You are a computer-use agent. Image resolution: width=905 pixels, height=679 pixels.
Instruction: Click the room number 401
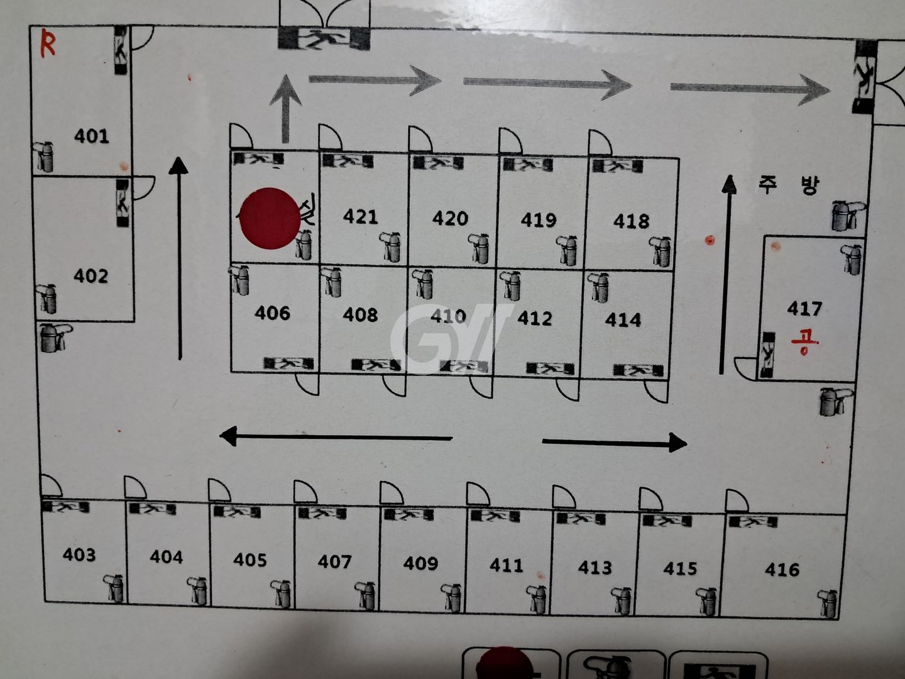91,136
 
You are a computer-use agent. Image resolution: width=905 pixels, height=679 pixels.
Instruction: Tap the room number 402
90,275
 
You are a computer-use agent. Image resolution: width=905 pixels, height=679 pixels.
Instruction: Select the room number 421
360,217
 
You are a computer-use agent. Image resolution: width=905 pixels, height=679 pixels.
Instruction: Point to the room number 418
631,221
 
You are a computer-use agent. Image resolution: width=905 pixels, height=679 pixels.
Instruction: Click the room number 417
804,308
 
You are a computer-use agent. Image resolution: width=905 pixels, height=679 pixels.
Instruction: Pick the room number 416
782,570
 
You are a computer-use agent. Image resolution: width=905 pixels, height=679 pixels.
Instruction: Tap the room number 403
79,555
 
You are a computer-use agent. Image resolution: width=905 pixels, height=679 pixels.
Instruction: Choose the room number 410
448,316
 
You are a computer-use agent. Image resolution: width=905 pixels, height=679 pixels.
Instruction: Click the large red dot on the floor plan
270,218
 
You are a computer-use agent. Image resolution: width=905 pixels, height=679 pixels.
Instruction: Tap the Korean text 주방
788,185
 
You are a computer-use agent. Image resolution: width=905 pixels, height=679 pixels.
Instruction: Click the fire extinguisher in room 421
391,247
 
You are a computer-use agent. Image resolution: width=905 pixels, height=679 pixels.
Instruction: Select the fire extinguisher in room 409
452,597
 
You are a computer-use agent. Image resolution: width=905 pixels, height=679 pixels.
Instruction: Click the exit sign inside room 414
638,371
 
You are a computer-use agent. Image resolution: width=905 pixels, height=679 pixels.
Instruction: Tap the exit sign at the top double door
324,39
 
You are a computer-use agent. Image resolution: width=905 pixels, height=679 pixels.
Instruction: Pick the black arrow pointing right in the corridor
614,442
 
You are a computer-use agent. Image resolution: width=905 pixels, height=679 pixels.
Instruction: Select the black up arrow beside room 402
179,258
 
